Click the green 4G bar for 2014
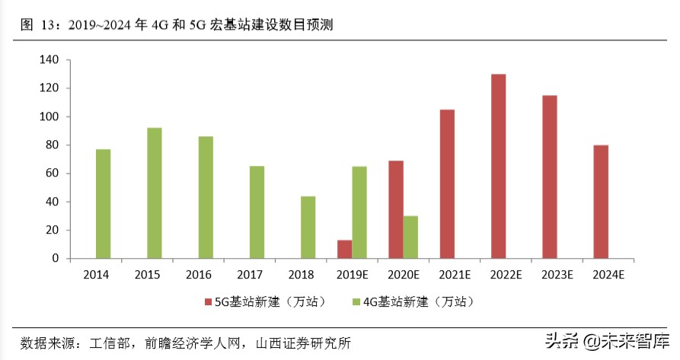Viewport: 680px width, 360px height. pos(103,204)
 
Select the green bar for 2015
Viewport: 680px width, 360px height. pos(155,193)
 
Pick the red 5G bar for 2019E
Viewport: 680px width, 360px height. pos(344,250)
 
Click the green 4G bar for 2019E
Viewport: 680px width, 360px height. pos(359,212)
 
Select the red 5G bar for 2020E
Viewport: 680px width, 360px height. pos(396,209)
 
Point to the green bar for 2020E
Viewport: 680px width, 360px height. pos(410,237)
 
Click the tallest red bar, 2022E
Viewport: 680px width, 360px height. pos(498,166)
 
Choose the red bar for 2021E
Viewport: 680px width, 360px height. pos(447,184)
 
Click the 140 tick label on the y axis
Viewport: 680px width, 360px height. pos(49,59)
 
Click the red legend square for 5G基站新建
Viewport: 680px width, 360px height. pos(208,303)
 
